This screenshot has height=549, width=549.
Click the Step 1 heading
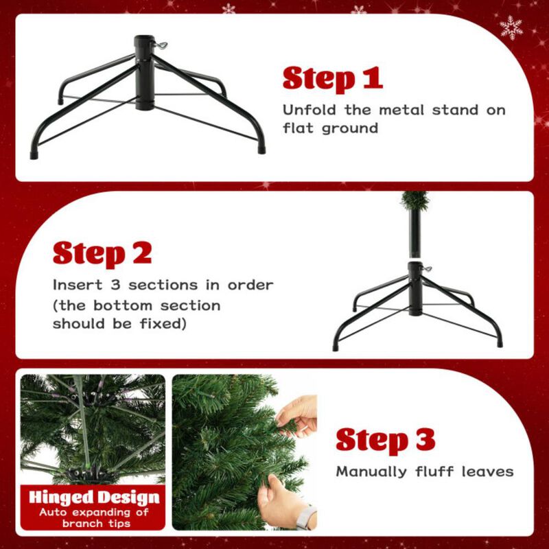click(x=332, y=79)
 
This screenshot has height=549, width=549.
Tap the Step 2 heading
click(x=102, y=253)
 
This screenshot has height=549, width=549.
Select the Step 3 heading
click(x=385, y=440)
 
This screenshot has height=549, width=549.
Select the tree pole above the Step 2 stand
click(x=414, y=233)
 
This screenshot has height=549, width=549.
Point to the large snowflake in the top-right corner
click(x=511, y=27)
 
